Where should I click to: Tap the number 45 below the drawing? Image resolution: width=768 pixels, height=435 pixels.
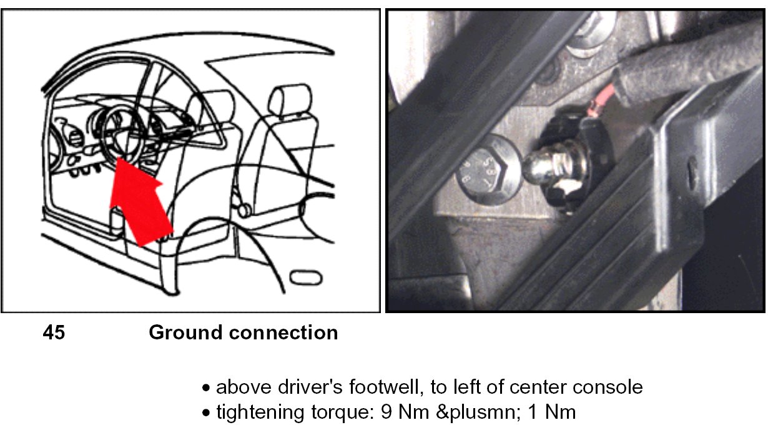(x=54, y=332)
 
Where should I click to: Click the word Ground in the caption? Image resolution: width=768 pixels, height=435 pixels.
(x=185, y=332)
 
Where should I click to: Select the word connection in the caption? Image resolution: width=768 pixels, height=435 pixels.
(x=283, y=332)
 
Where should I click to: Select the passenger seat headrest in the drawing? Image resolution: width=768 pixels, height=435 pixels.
(x=291, y=99)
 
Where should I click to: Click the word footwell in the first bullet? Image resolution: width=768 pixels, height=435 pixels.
(x=384, y=387)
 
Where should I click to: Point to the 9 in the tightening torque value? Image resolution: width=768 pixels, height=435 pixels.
(x=386, y=412)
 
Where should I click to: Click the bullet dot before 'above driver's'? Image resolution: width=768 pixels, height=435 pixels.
(x=205, y=388)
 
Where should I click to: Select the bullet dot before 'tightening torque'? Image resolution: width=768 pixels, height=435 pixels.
(x=205, y=412)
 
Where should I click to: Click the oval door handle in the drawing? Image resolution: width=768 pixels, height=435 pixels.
(x=306, y=278)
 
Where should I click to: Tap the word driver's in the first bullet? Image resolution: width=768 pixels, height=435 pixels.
(x=310, y=387)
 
